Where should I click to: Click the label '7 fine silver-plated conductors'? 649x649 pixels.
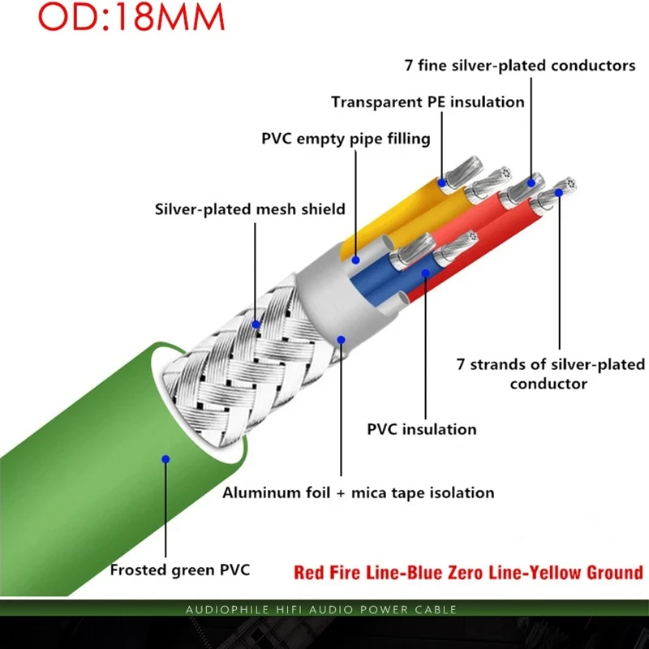[520, 66]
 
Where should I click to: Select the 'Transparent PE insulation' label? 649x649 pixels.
[428, 102]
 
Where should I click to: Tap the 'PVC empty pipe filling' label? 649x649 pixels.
[346, 139]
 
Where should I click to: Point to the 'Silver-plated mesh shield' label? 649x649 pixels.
[250, 209]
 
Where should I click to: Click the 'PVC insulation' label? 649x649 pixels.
[422, 428]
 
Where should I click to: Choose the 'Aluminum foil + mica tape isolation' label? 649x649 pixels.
[359, 492]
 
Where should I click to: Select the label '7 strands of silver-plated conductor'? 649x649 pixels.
[550, 374]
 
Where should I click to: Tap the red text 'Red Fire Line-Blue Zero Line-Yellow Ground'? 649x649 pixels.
[468, 574]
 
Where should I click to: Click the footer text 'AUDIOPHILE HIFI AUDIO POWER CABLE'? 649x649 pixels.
[321, 609]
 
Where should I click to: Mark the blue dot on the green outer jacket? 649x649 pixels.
[165, 459]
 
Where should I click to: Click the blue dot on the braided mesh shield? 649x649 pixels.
[256, 324]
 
